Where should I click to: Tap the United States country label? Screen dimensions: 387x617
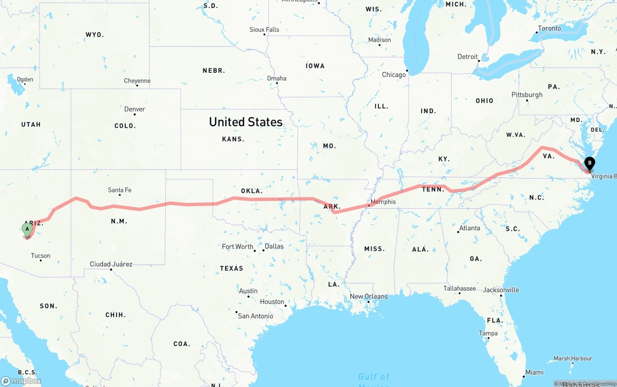click(245, 122)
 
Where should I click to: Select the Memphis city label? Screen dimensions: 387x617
click(383, 201)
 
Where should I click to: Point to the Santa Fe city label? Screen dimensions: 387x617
click(120, 190)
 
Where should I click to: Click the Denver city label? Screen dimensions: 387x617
click(134, 109)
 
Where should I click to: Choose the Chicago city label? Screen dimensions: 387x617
click(394, 75)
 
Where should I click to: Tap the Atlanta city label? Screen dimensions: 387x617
click(469, 228)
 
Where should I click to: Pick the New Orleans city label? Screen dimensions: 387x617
click(369, 296)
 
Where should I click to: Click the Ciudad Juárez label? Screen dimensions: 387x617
click(111, 264)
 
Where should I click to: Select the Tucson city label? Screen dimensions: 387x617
click(40, 255)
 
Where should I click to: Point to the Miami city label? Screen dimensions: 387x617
click(535, 372)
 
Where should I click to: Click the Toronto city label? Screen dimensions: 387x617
click(550, 28)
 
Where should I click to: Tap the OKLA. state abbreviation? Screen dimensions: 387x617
click(252, 191)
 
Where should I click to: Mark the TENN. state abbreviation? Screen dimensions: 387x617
click(433, 189)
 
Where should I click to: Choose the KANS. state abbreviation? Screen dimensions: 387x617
click(233, 139)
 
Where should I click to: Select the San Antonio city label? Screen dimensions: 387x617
click(255, 316)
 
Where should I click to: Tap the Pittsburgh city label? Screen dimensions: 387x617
click(527, 94)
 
